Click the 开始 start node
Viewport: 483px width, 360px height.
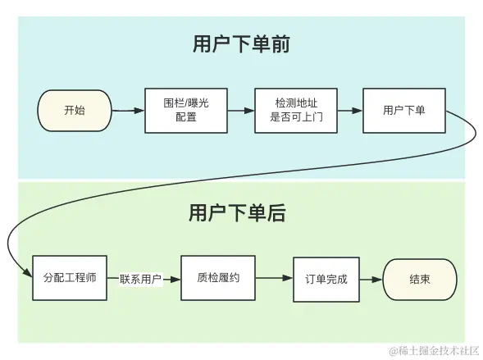point(75,111)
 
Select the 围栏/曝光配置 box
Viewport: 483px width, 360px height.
point(186,111)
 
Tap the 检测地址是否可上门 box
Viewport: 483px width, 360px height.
point(296,111)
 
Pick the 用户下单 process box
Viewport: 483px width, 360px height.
point(404,111)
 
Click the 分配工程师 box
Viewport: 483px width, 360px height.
point(70,278)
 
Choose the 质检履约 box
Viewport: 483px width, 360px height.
point(218,278)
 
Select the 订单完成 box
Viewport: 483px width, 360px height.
point(326,280)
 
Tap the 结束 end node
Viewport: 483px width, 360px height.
point(420,280)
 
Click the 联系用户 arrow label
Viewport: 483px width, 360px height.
point(140,280)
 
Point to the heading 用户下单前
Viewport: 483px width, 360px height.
point(241,43)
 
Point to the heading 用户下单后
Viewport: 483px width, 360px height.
point(237,212)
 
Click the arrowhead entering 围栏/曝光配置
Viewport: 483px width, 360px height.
point(139,111)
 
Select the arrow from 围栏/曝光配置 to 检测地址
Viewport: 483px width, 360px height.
point(241,111)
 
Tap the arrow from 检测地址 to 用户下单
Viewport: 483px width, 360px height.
point(350,111)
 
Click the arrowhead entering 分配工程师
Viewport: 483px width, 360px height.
point(28,272)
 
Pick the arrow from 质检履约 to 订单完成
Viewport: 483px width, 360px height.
point(274,278)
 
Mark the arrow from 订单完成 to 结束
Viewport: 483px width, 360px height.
point(371,280)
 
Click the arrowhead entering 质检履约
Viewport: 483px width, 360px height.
point(175,280)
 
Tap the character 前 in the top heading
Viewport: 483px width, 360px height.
point(280,43)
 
